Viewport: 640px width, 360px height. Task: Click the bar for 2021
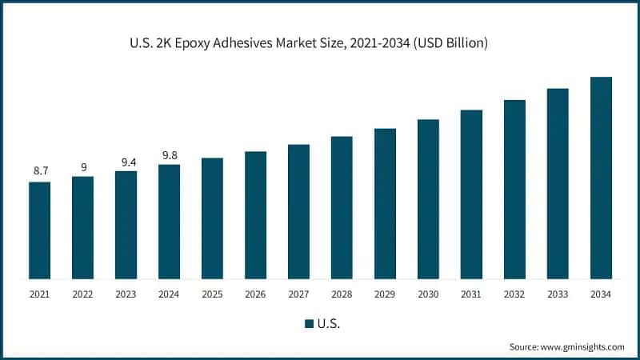pos(39,230)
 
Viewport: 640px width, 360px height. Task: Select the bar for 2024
pos(169,222)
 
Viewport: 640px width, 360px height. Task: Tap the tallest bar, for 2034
pos(601,178)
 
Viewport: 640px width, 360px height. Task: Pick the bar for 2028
pos(342,207)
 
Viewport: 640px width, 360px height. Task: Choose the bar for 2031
pos(471,194)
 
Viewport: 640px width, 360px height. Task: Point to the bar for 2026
pos(255,215)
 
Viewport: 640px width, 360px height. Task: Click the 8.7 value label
pos(39,171)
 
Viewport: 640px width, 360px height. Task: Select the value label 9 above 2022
pos(82,166)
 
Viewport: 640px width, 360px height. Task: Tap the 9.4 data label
pos(126,162)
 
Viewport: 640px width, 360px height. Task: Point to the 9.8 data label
pos(169,155)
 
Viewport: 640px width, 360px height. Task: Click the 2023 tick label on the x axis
pos(126,294)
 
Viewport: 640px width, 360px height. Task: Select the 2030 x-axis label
pos(428,294)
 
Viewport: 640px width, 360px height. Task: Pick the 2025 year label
pos(212,294)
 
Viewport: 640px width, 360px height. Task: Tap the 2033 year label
pos(558,294)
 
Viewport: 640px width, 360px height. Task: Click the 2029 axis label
pos(385,294)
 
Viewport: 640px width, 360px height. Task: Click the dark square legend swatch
pos(309,324)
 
